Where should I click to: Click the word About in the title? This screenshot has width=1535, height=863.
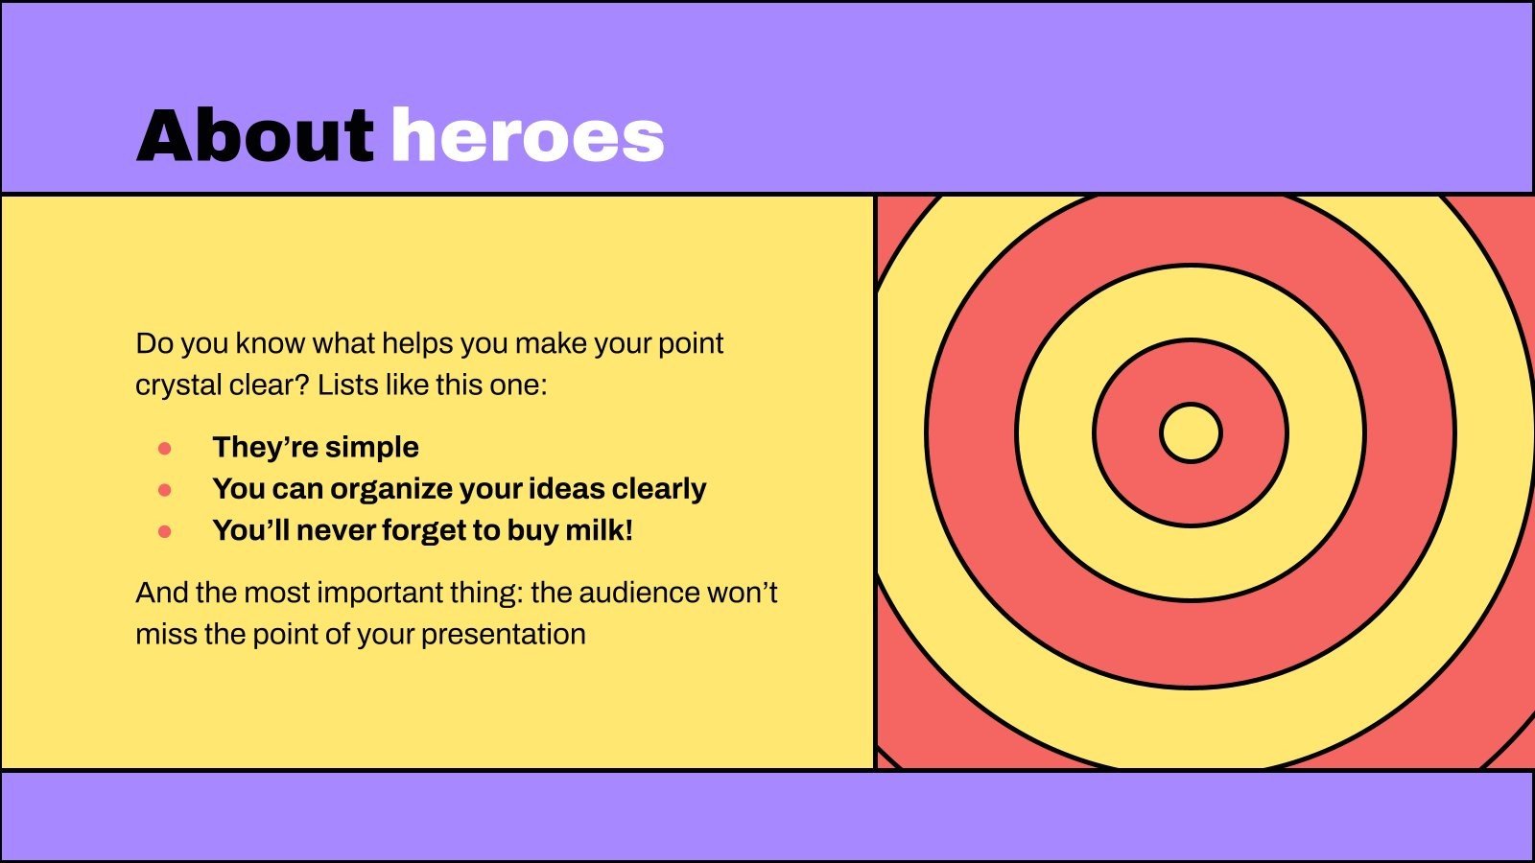click(255, 135)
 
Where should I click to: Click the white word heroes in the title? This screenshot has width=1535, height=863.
click(528, 135)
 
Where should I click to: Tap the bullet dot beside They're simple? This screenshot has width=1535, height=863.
click(164, 449)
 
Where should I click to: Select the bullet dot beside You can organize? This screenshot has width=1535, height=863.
click(164, 490)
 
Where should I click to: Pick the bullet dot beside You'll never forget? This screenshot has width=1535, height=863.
click(164, 531)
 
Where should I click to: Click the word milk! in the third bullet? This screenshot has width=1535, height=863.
click(599, 530)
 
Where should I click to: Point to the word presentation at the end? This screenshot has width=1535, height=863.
click(504, 635)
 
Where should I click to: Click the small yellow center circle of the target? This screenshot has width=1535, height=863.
click(1191, 432)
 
